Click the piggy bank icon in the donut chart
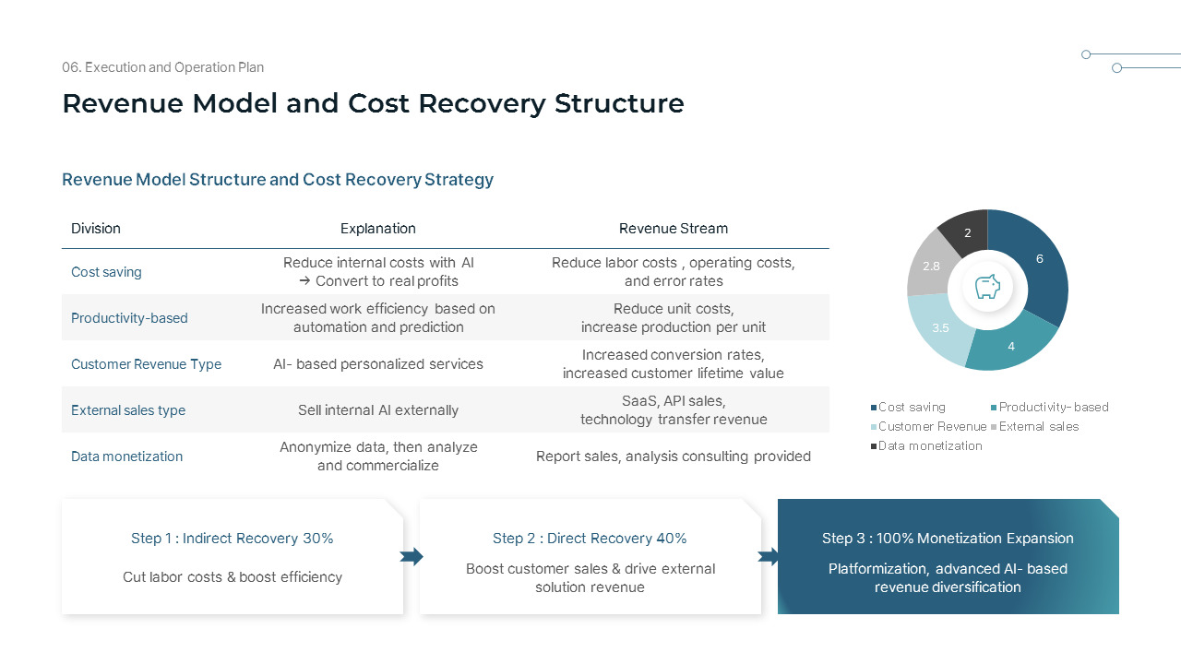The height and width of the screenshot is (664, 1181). point(987,288)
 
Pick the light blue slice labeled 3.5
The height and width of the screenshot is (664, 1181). point(940,327)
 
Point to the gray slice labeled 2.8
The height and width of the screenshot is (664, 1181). point(931,266)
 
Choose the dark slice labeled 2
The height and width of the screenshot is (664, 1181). point(967,232)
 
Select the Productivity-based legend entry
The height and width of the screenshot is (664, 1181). point(1049,407)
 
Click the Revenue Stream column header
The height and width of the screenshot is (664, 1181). point(673,229)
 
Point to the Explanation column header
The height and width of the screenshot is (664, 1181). point(377,229)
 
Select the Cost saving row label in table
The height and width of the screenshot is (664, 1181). point(106,272)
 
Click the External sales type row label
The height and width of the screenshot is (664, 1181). point(128,410)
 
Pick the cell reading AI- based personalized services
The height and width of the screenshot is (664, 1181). point(377,364)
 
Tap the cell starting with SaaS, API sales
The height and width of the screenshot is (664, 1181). point(673,410)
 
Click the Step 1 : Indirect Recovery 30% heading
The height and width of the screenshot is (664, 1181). point(232,539)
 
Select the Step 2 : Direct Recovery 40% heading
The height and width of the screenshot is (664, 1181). point(590,539)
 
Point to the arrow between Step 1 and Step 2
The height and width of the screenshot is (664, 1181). point(412,556)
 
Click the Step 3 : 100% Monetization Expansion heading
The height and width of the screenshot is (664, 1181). point(948,539)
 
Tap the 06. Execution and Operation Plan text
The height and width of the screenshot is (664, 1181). point(162,67)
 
